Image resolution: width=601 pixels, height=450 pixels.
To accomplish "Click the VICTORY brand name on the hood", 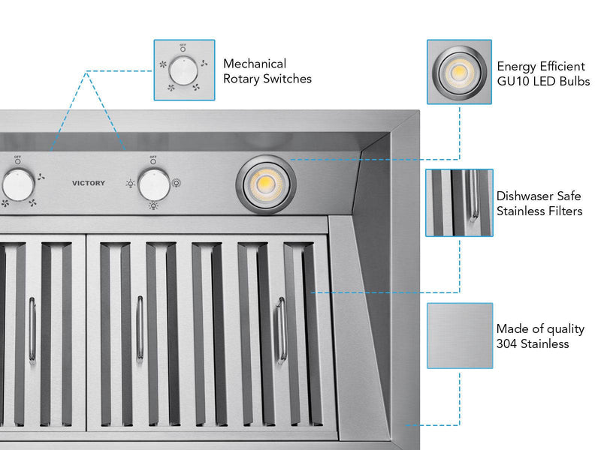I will coord(89,183).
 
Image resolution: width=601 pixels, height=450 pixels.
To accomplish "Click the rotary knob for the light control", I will coord(155,184).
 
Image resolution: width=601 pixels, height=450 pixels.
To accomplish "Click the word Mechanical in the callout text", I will coord(255,64).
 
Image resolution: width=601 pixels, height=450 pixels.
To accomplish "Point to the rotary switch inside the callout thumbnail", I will coord(184,71).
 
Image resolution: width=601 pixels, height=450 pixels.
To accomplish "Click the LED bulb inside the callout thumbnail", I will coord(458,72).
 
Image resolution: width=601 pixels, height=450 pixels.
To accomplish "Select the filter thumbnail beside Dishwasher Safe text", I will coord(459,202).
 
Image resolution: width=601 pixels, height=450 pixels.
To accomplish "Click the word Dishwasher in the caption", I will coord(527,196).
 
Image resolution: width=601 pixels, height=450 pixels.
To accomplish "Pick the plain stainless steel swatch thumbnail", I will coord(459,335).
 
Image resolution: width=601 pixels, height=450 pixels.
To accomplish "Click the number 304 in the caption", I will coord(507,343).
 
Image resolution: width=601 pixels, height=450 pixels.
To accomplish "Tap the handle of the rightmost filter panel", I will coord(282,330).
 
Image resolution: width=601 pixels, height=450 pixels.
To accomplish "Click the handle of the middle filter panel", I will coord(140,330).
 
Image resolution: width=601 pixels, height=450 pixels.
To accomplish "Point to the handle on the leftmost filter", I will coord(32,330).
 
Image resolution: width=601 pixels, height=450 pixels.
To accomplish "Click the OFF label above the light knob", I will coord(153,157).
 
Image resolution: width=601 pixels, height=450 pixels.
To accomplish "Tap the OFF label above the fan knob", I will coord(16,157).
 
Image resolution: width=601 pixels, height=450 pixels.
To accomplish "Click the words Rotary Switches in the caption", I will coord(267,79).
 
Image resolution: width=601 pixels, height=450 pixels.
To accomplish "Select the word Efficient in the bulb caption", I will coord(556,66).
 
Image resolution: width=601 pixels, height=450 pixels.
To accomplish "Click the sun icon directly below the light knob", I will coord(153,205).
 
